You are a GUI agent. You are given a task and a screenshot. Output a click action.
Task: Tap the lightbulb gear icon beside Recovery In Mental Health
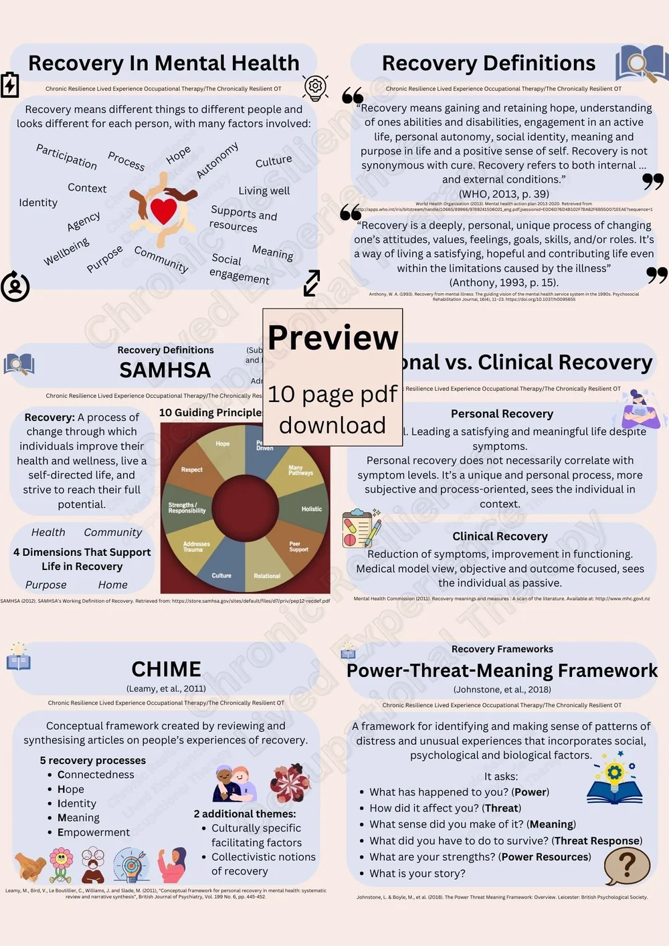coord(315,87)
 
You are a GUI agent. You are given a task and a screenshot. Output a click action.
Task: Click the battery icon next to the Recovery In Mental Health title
coord(10,85)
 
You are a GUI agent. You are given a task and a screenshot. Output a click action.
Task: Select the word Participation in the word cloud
coord(66,157)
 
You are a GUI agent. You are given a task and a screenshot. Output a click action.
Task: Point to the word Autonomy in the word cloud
coord(217,161)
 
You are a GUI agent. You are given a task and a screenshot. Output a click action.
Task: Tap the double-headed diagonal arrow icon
coord(312,283)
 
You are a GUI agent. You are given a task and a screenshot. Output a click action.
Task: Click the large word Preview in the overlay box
coord(332,337)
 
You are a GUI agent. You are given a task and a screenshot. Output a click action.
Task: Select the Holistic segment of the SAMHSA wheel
coord(311,509)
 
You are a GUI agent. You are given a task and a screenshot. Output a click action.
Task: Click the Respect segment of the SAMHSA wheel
coord(191,470)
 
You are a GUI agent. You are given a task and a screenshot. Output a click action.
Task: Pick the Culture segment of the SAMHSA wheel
coord(221,575)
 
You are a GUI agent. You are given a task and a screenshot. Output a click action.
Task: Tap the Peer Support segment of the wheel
coord(298,547)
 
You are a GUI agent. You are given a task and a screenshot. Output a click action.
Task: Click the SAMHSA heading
coord(165,370)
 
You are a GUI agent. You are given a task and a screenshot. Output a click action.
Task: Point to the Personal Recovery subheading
coord(502,413)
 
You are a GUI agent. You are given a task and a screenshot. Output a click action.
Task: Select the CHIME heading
coord(166,669)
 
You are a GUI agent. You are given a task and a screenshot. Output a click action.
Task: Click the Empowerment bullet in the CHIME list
coord(94,832)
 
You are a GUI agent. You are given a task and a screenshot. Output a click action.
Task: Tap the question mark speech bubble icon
coord(627,866)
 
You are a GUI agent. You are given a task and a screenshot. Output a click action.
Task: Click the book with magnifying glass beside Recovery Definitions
coord(641,64)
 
